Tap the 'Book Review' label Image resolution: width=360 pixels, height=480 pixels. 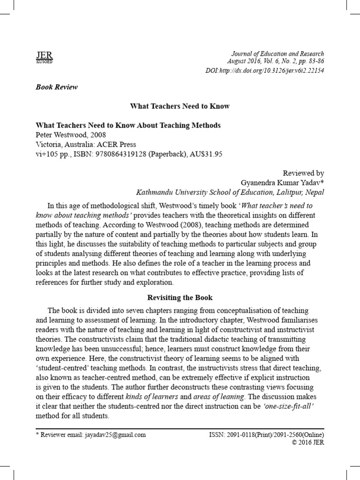[x=57, y=87]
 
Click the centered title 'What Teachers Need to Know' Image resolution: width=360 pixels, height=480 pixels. [x=180, y=106]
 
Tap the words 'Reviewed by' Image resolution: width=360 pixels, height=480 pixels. [x=304, y=173]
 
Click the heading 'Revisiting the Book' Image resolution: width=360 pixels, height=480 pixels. [x=180, y=298]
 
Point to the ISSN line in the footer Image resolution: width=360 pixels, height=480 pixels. [x=266, y=435]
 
